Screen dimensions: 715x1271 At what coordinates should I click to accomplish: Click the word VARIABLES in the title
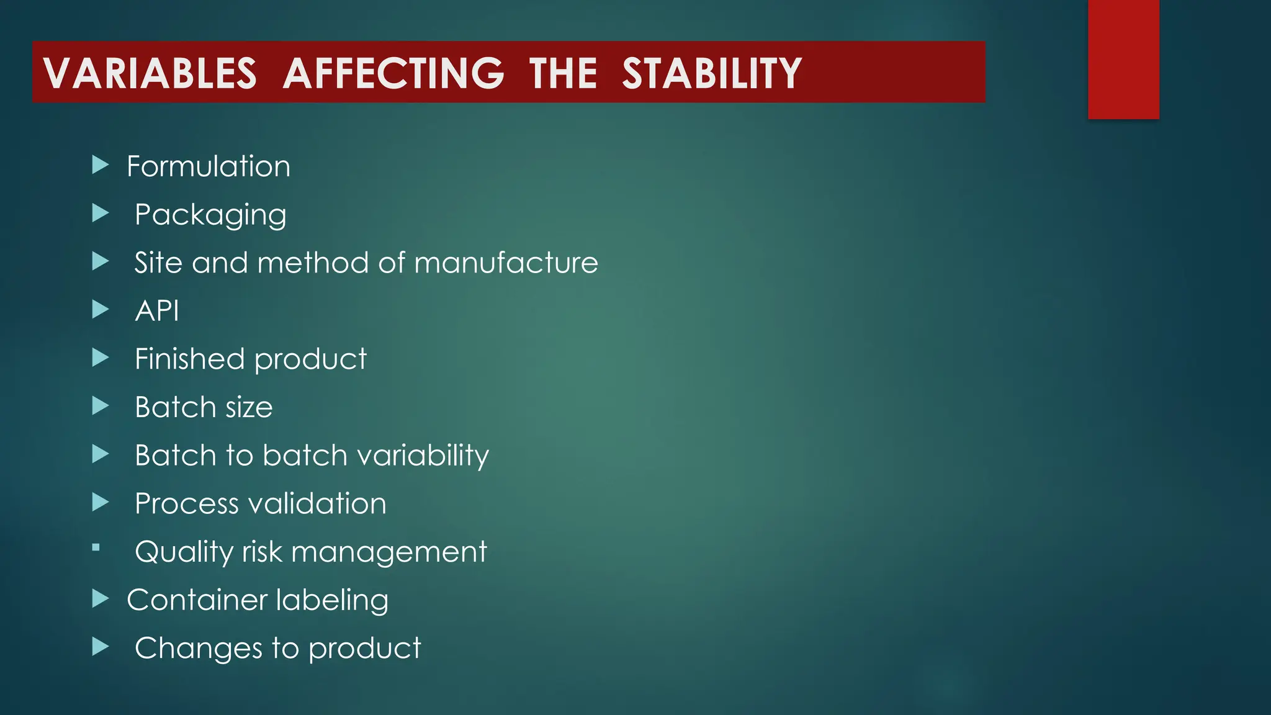150,73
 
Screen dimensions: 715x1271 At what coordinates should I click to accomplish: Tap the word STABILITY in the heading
712,73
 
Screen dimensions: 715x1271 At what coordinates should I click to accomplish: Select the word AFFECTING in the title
393,73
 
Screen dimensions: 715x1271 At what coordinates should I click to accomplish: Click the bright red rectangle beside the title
1123,59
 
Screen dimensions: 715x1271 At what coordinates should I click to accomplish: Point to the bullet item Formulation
209,166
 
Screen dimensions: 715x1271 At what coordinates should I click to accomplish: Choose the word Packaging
210,215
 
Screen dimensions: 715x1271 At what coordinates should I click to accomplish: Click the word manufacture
506,263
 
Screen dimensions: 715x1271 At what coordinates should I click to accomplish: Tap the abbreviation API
157,310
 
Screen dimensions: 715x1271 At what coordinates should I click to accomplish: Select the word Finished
189,359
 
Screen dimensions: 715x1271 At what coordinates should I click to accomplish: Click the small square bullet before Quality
96,547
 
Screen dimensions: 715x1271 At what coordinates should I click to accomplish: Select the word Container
197,600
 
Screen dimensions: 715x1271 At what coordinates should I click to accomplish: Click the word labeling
332,600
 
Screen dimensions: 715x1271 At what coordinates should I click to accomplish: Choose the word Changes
199,649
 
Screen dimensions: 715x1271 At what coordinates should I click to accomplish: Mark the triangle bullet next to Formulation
100,165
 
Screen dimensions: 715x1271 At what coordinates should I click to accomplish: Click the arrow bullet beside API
100,309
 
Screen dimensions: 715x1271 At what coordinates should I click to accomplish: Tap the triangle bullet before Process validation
100,502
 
